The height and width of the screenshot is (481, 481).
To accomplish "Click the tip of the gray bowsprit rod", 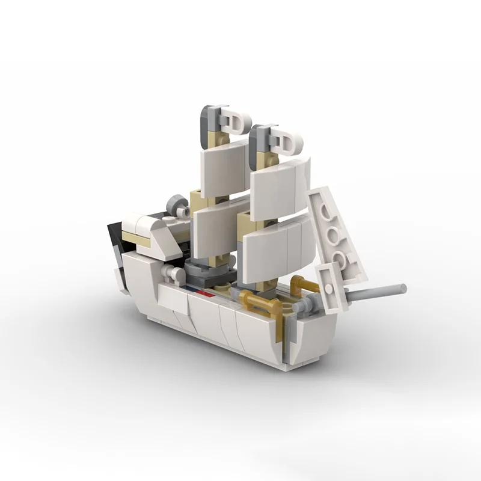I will click(403, 287).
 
